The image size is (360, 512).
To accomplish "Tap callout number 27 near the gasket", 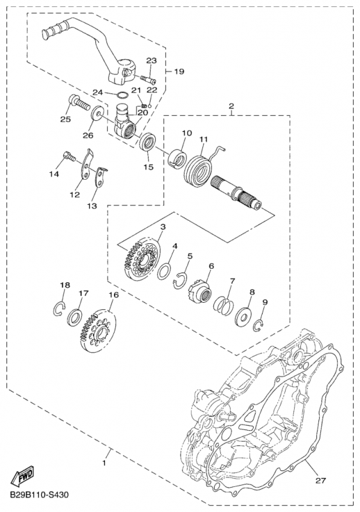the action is click(320, 481).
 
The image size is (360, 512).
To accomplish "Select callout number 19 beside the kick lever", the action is click(179, 71).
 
